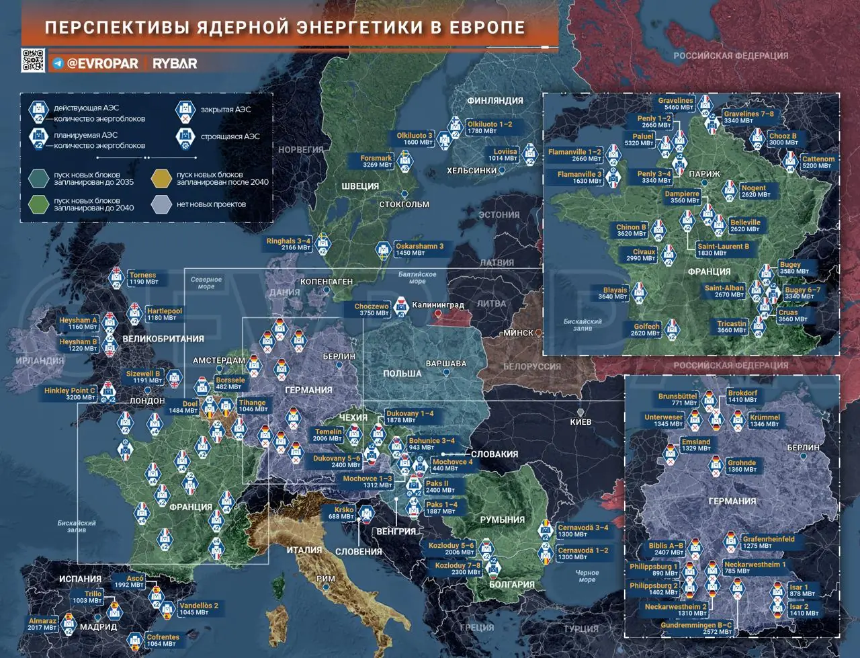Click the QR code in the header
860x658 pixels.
click(x=33, y=61)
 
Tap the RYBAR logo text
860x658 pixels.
click(x=175, y=64)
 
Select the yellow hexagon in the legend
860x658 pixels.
click(x=161, y=178)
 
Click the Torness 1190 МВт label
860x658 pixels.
click(x=143, y=278)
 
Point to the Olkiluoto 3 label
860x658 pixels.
click(x=415, y=138)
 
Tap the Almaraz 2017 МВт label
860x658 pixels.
click(x=42, y=624)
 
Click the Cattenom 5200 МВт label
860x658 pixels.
click(x=818, y=162)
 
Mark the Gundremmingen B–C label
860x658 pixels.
click(x=696, y=628)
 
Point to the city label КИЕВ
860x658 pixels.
click(x=580, y=422)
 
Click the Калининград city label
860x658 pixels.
click(x=437, y=305)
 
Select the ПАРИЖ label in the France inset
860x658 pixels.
click(x=704, y=174)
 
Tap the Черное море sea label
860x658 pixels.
click(x=587, y=576)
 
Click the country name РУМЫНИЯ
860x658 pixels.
click(x=502, y=520)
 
